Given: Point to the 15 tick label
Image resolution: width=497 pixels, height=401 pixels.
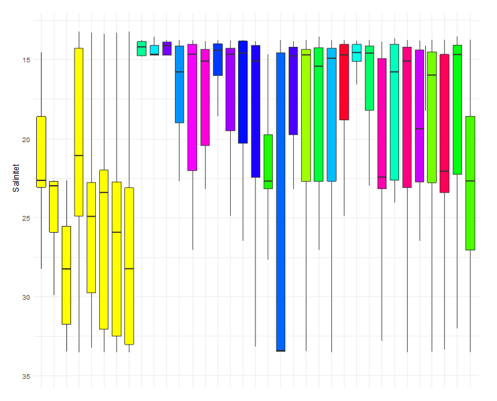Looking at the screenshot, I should [x=25, y=60].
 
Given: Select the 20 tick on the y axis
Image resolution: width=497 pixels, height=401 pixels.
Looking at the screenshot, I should [x=25, y=139].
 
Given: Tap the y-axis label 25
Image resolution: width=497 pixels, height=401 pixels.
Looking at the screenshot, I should [x=25, y=219].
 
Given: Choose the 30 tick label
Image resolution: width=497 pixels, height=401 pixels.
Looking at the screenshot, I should [x=25, y=297].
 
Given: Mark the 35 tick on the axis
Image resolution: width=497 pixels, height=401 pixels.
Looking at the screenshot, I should [x=25, y=376].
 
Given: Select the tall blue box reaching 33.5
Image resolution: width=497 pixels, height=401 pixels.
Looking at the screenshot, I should [x=280, y=201].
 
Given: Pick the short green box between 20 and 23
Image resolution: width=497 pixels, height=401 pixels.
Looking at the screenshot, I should [x=268, y=162].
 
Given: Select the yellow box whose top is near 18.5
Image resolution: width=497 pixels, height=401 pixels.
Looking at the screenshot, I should [x=41, y=152].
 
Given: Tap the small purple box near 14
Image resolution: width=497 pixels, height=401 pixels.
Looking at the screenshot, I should [x=167, y=48].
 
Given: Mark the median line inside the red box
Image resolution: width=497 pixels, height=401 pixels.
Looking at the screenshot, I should [x=344, y=55].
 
